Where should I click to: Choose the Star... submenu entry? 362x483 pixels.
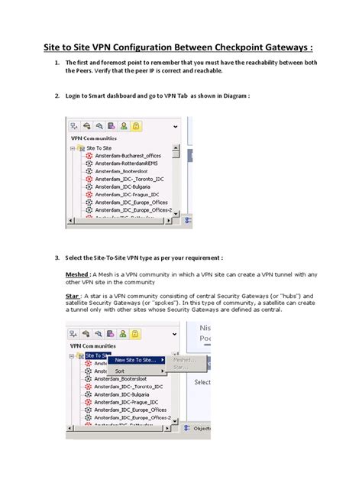click(182, 368)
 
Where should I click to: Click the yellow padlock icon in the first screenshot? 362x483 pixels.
click(135, 125)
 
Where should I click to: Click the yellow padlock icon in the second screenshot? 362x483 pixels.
click(135, 333)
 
